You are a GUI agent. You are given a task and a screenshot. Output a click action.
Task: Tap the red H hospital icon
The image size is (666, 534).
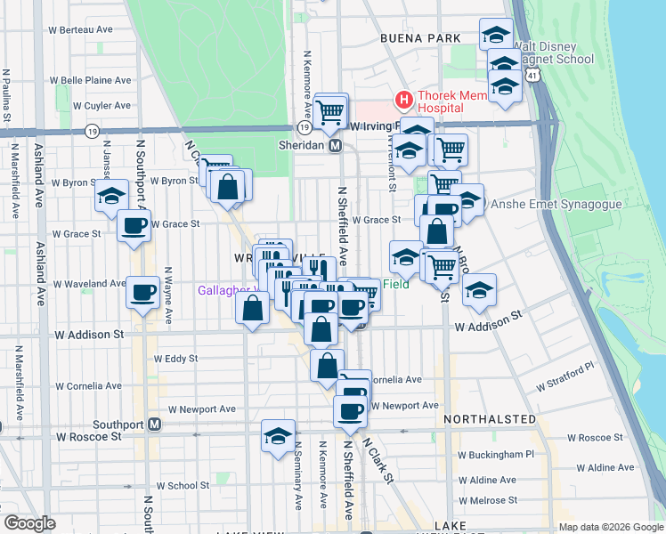coord(402,99)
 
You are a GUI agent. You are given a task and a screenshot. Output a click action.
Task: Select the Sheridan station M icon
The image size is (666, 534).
coord(336,146)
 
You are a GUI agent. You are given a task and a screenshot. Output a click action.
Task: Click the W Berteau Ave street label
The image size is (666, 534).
coord(81,29)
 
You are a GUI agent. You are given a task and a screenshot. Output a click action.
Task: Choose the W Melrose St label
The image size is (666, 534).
coord(486,500)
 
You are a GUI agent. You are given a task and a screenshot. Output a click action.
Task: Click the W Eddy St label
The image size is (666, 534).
coord(175,359)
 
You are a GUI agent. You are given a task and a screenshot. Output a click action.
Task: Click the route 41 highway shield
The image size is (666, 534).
coord(532,77)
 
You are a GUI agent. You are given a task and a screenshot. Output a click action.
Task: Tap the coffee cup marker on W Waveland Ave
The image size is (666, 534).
coord(142,291)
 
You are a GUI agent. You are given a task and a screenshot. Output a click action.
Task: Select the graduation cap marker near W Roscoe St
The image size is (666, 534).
coord(278,436)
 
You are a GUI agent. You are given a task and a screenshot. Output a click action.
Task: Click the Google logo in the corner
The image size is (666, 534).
coord(29,523)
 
